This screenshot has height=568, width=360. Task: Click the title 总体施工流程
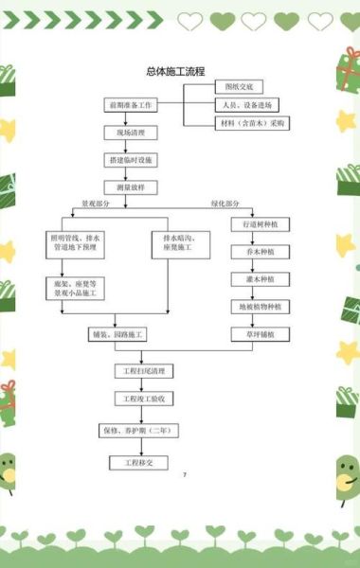(x=176, y=71)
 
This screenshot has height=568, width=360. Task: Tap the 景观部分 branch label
(x=96, y=204)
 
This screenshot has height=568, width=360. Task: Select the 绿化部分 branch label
(x=225, y=204)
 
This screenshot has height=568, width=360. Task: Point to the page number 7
(x=185, y=473)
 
